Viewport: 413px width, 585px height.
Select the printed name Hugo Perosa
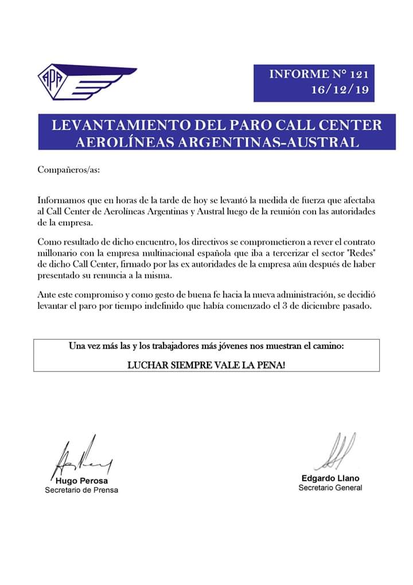click(82, 480)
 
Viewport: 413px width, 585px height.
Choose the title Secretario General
click(330, 488)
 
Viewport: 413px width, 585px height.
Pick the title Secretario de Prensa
click(81, 490)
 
